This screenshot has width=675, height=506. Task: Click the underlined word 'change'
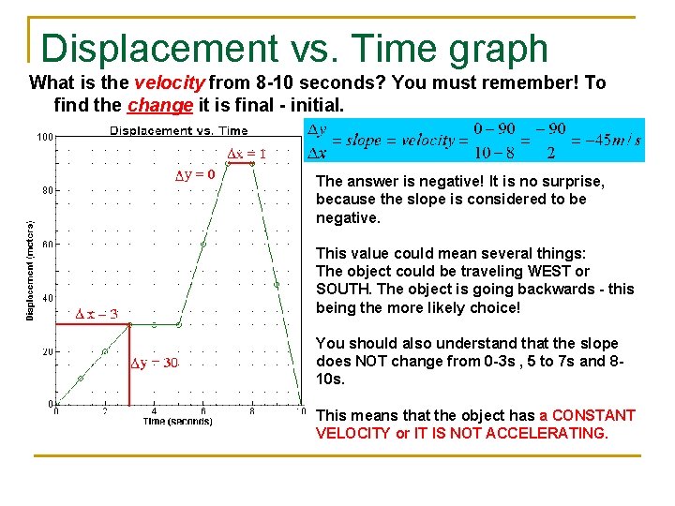coord(154,105)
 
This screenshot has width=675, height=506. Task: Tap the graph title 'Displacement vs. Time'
coord(179,131)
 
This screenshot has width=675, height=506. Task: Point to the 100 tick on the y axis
coord(44,137)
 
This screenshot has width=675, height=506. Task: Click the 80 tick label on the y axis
coord(46,190)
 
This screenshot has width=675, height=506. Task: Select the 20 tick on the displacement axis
coord(46,351)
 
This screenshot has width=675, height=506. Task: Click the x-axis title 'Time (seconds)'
coord(177,422)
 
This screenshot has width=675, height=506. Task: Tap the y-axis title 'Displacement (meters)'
coord(30,270)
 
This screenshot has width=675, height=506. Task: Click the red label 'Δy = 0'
coord(196,173)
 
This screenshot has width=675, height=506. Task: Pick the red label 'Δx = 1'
coord(247,154)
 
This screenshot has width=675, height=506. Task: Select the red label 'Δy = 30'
coord(155,364)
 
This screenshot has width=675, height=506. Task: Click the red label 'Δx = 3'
coord(97,314)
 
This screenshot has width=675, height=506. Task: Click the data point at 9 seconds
coord(277,284)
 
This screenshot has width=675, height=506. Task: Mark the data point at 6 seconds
coord(202,244)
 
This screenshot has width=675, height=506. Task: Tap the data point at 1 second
coord(81,379)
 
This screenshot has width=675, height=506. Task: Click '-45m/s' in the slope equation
coord(613,141)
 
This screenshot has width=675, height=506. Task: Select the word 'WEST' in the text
coord(551,272)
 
